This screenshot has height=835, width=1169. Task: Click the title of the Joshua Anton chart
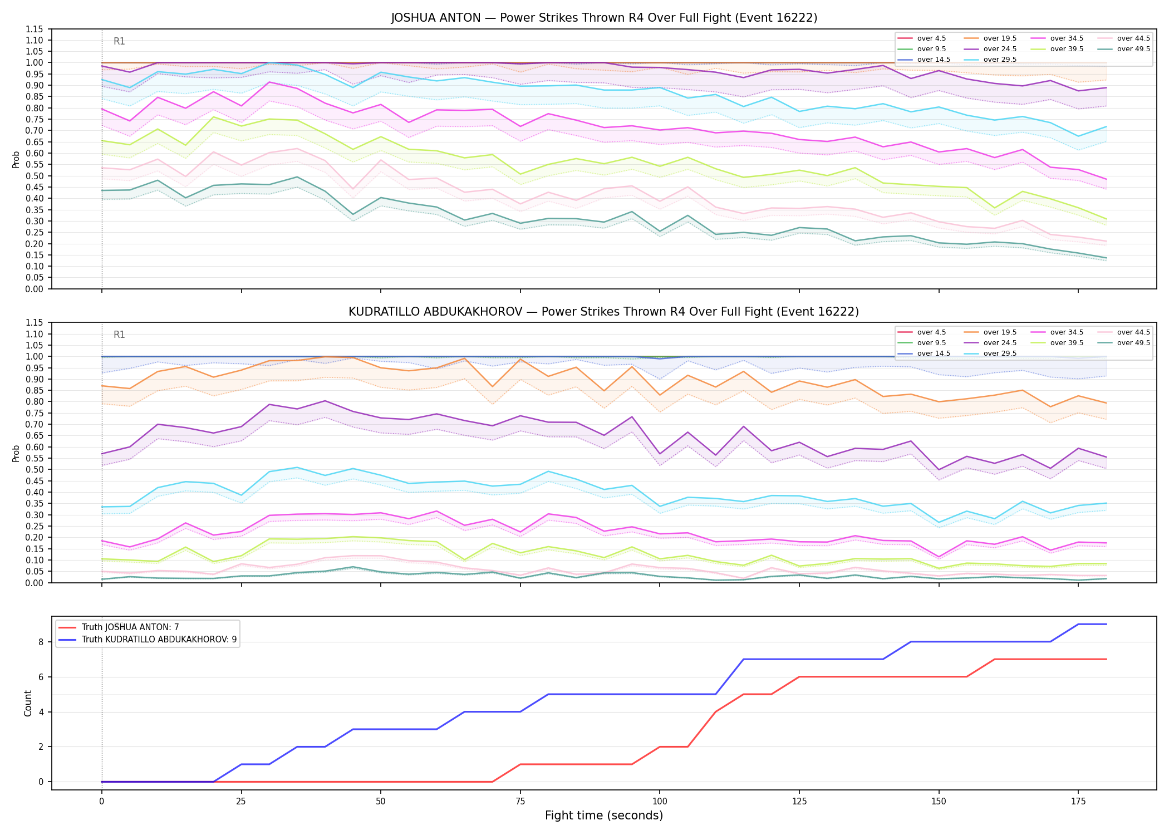[x=604, y=18]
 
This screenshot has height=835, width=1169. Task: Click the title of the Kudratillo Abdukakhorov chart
[x=604, y=312]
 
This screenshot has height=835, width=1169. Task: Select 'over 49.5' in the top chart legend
[x=1133, y=49]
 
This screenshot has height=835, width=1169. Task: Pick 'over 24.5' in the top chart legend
[x=1000, y=49]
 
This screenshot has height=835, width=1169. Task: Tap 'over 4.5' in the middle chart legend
[x=931, y=332]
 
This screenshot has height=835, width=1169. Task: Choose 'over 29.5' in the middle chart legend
[x=1000, y=353]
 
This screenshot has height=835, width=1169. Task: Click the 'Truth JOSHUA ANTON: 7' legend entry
[x=130, y=627]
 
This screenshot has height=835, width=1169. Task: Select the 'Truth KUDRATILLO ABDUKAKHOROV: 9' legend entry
[x=159, y=640]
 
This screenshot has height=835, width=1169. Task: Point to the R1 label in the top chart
[x=119, y=41]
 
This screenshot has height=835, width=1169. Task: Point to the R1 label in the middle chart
[x=119, y=335]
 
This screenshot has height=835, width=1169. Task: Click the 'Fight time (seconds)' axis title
[x=604, y=816]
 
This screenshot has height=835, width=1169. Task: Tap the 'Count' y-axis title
[x=28, y=703]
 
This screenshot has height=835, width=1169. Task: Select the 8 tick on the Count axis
[x=41, y=642]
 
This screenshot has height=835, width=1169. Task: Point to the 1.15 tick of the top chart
[x=34, y=29]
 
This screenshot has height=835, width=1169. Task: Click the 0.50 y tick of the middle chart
[x=34, y=469]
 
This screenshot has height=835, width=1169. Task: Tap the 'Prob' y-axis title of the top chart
[x=16, y=159]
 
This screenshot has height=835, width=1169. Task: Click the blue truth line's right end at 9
[x=1107, y=624]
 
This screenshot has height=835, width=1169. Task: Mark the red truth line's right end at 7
[x=1107, y=659]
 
